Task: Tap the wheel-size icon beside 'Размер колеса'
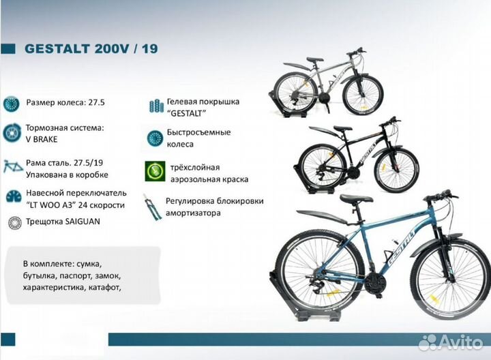[11, 104]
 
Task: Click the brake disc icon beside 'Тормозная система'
[12, 132]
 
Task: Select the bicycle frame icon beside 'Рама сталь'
[12, 166]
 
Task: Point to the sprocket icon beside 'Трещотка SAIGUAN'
[12, 222]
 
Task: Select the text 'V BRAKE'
[42, 138]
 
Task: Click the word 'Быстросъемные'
[198, 132]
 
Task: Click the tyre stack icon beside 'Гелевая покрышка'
[154, 106]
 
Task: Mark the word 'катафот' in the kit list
[104, 287]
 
